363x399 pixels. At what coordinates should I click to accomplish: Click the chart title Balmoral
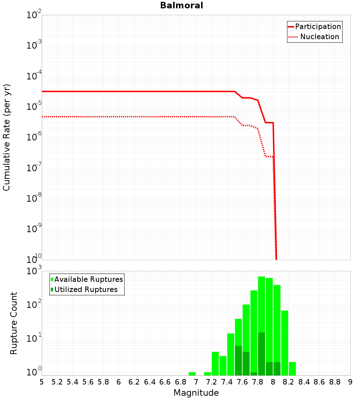coord(181,5)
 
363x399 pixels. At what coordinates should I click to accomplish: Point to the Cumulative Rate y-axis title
coord(7,137)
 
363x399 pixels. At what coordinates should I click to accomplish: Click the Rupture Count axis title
coord(14,323)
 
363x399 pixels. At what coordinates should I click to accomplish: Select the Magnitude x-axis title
coord(196,393)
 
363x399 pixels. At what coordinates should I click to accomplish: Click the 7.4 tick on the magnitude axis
coord(227,382)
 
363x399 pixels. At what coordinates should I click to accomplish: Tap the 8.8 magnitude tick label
coord(335,382)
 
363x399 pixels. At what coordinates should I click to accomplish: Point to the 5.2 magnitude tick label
coord(57,382)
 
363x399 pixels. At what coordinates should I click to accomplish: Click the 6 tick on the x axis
coord(119,382)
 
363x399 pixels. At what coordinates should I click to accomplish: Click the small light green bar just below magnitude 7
coord(192,374)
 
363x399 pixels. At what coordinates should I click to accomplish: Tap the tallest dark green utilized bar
coord(261,354)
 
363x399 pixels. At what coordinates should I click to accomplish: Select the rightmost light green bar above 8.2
coord(292,369)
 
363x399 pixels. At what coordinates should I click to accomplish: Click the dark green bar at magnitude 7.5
coord(238,361)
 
